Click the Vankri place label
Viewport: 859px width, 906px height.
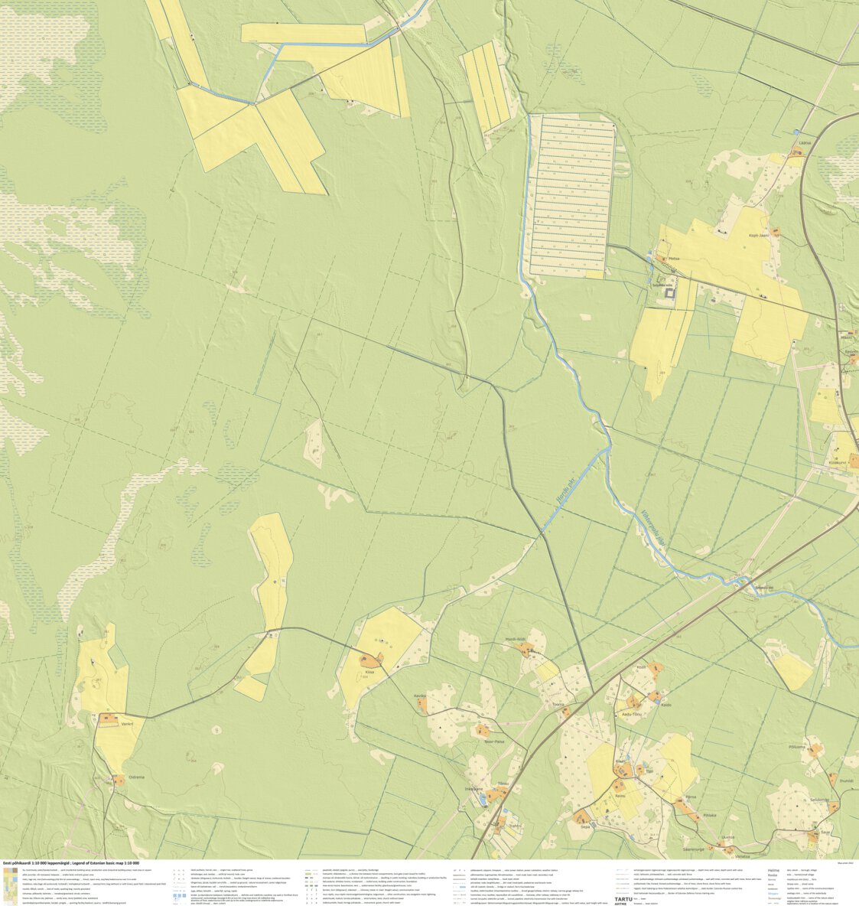pyautogui.click(x=127, y=723)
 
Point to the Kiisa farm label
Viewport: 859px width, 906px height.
pyautogui.click(x=369, y=672)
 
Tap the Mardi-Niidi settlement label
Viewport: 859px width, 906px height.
pyautogui.click(x=516, y=639)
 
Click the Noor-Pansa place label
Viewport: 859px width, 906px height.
pyautogui.click(x=495, y=741)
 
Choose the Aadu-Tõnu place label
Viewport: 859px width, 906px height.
pyautogui.click(x=633, y=713)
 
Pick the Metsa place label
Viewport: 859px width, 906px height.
pyautogui.click(x=674, y=259)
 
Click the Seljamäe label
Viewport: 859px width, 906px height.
pyautogui.click(x=819, y=800)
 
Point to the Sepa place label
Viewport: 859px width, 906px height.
pyautogui.click(x=585, y=826)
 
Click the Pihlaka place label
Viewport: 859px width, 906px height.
pyautogui.click(x=710, y=816)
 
